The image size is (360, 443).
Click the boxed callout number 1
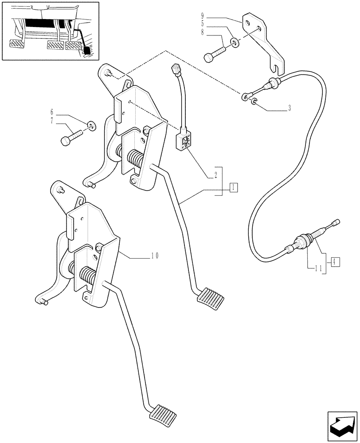coord(233,188)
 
